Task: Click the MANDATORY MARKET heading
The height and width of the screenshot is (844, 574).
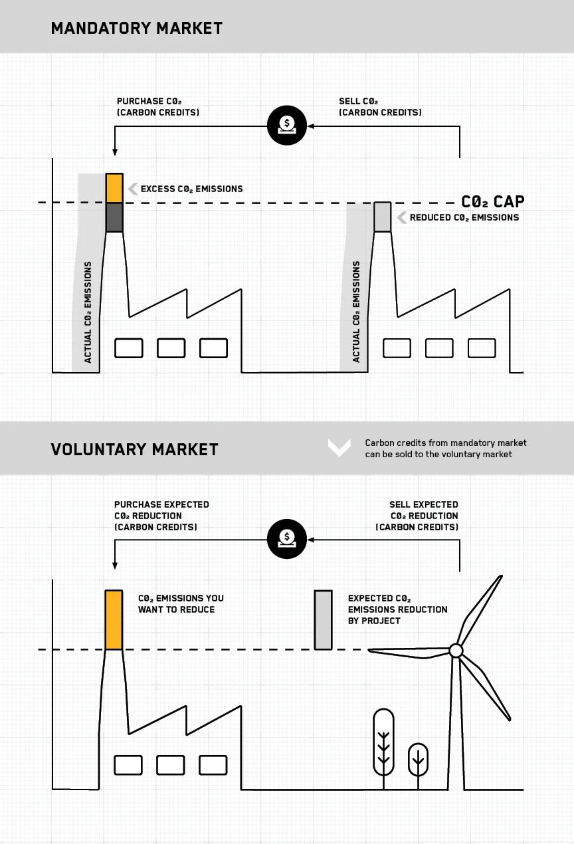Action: (136, 28)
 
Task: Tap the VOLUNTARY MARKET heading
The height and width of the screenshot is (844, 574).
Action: (134, 449)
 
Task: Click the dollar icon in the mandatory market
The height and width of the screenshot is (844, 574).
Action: (287, 124)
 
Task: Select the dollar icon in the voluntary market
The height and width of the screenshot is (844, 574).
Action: (287, 539)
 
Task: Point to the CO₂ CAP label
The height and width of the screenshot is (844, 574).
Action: (492, 201)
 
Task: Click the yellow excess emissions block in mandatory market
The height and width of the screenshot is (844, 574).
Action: (114, 188)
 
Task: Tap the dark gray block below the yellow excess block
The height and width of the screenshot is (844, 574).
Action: (114, 217)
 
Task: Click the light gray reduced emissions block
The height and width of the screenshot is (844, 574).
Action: (382, 217)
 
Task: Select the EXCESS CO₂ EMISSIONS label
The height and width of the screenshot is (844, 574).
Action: (191, 189)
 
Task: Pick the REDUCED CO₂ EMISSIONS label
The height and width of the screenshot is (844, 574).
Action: (464, 217)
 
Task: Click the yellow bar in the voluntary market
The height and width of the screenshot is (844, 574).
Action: (114, 619)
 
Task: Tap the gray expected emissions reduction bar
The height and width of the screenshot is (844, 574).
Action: (323, 619)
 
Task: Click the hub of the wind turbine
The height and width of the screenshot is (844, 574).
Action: (456, 651)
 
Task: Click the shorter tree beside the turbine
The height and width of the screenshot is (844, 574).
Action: (418, 760)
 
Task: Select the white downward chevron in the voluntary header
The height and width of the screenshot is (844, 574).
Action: (339, 447)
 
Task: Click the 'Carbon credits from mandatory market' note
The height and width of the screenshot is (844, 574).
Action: (445, 449)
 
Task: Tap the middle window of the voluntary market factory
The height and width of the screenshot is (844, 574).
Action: (171, 765)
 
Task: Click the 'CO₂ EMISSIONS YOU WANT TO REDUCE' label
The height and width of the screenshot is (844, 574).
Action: (181, 603)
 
